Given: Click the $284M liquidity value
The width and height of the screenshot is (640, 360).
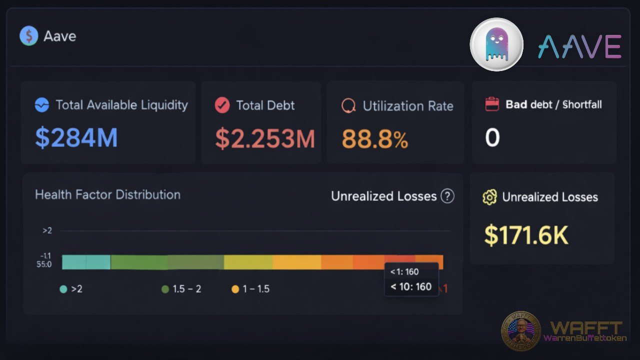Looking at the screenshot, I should (76, 138).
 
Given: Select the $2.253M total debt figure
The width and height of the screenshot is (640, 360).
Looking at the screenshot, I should (265, 138).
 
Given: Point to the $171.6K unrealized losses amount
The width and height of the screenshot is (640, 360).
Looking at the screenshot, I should (526, 235).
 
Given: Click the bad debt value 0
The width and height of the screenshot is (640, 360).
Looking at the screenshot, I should (492, 137).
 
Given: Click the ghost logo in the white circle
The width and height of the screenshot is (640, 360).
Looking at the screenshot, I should (496, 44).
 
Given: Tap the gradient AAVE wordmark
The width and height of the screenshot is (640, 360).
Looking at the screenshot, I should (579, 46).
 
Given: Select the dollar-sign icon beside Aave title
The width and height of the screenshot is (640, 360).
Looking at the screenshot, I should (28, 36).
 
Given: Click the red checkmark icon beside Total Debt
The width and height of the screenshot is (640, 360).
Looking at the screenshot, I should (222, 105).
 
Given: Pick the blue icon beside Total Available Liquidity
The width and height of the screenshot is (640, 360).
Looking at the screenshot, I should (42, 105).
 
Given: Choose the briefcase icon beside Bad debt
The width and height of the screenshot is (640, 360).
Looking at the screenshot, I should (492, 104).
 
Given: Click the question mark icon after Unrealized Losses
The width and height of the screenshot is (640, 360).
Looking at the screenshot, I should (447, 196).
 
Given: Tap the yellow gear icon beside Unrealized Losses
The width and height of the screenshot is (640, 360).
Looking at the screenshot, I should (489, 197).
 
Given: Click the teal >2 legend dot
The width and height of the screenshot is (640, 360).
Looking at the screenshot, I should (63, 289).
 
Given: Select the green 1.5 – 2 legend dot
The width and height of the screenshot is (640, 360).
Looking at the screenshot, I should (165, 289).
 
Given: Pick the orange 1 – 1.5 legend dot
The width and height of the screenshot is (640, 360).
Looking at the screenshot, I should (235, 289).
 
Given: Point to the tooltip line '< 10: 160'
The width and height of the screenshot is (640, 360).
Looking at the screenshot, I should (411, 286).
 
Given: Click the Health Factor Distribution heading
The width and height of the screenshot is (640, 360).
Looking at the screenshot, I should (107, 194).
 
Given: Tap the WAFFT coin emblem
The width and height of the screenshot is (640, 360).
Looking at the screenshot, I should (521, 331).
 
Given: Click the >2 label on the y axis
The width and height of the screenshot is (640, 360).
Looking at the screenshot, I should (47, 230).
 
